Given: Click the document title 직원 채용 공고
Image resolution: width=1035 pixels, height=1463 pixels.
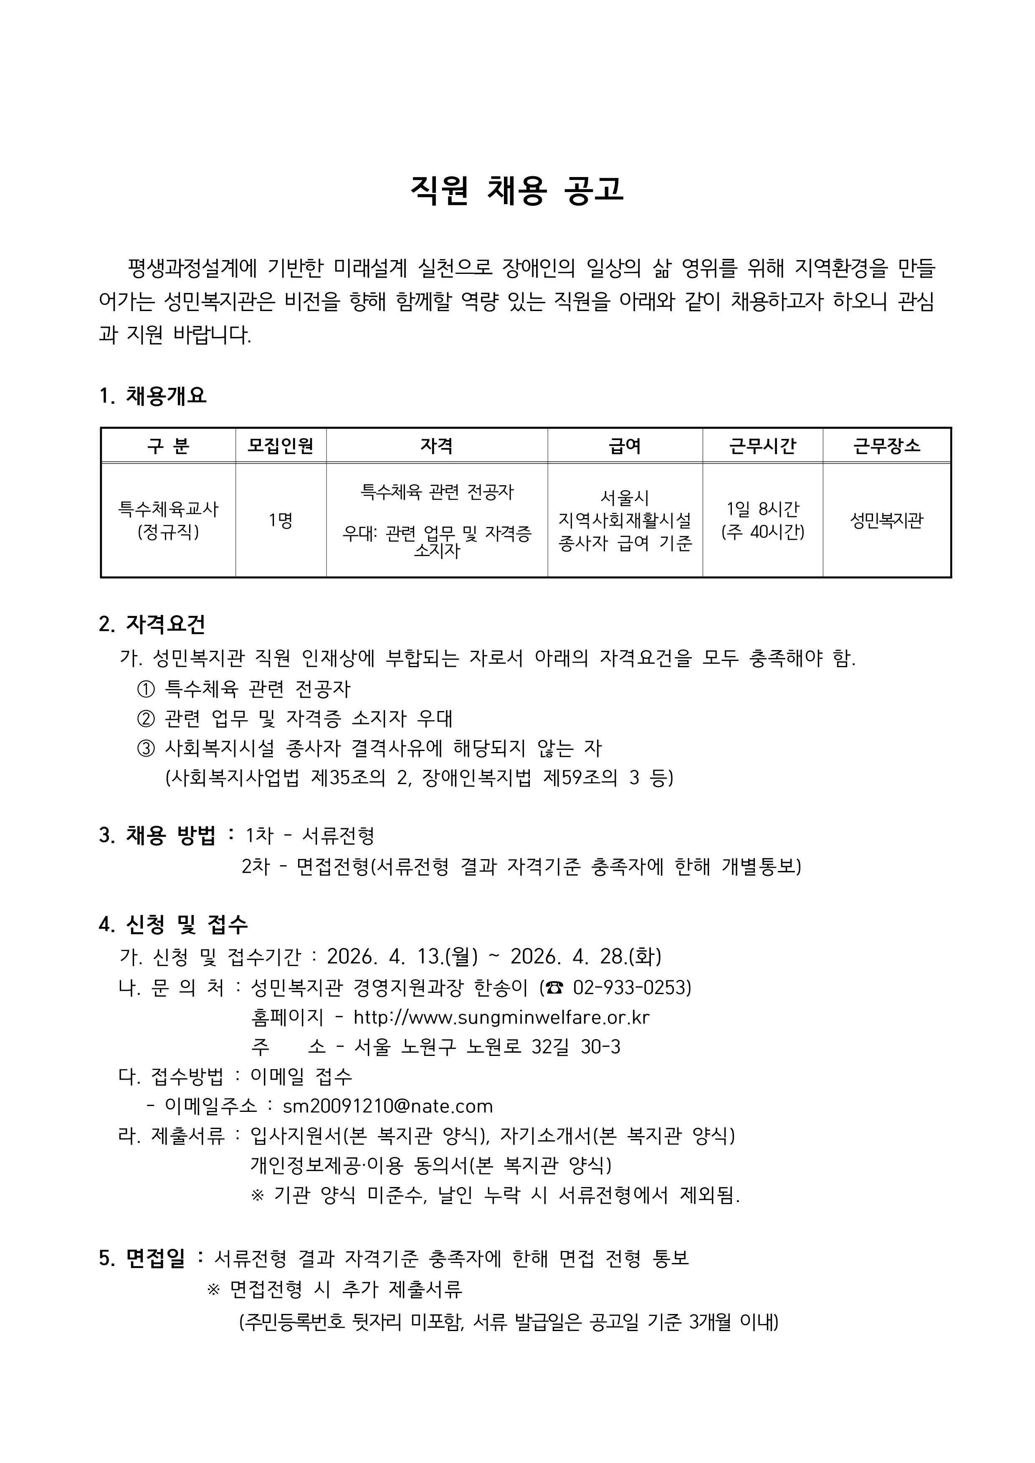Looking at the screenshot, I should point(517,190).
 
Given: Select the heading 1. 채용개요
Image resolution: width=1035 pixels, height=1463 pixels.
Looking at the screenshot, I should point(153,396).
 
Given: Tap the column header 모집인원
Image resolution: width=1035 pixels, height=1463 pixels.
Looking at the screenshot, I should point(281,445).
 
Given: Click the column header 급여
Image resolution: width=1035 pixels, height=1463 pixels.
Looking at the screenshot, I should point(625,445).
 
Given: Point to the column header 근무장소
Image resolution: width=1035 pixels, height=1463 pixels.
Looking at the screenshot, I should point(886,445).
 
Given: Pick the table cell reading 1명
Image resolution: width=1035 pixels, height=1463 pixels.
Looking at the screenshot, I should point(281,521).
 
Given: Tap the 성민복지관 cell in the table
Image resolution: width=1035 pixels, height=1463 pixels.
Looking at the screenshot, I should point(886,521).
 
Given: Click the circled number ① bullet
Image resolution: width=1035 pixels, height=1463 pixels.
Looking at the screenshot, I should point(146,689).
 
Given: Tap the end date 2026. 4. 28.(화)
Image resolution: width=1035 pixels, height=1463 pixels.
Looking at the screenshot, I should point(586,957).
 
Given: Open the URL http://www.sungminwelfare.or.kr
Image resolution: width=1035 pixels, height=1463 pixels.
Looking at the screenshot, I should point(501,1017).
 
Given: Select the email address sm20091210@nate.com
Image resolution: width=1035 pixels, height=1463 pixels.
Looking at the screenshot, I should point(387,1106).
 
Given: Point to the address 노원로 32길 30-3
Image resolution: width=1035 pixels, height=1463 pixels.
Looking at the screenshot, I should point(544,1046).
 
